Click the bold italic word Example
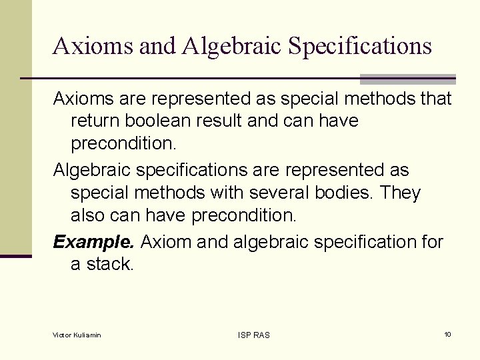click(95, 241)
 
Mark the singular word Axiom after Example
click(167, 241)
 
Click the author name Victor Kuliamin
click(77, 335)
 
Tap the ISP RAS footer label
click(254, 335)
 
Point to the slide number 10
click(447, 334)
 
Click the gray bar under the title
click(407, 79)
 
